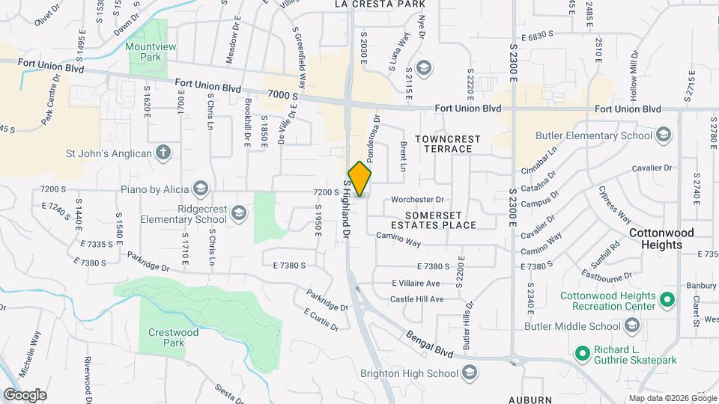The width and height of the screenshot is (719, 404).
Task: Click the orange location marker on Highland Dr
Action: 360,178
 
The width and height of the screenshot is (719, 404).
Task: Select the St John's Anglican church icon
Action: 164,153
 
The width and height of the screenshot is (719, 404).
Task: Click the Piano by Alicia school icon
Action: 200,187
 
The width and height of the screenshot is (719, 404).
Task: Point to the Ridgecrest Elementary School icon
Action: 238,214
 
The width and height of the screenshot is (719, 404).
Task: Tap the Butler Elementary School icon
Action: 662,135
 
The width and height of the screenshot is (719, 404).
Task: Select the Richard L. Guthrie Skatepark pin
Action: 582,352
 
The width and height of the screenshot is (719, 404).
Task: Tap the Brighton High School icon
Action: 470,373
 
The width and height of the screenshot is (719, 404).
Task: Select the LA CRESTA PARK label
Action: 374,4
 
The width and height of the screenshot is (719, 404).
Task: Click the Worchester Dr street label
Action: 418,200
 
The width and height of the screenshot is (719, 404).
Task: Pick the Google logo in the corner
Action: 25,395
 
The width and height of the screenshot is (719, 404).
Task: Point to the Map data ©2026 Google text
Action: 672,398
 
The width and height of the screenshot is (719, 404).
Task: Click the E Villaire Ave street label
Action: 416,284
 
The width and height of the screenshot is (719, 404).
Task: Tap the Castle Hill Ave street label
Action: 417,299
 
